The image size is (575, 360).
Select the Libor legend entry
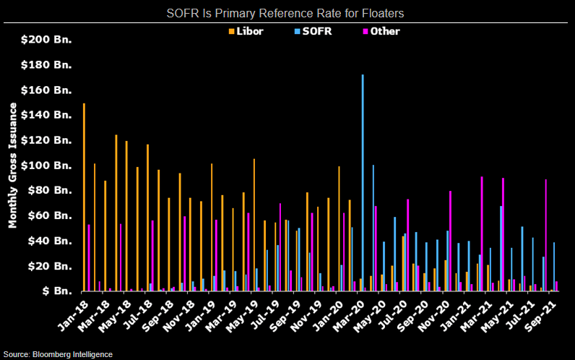(x=247, y=31)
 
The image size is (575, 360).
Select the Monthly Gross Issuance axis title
(x=13, y=166)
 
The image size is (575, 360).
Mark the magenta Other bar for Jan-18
(x=89, y=258)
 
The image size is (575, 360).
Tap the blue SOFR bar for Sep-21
(x=554, y=267)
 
